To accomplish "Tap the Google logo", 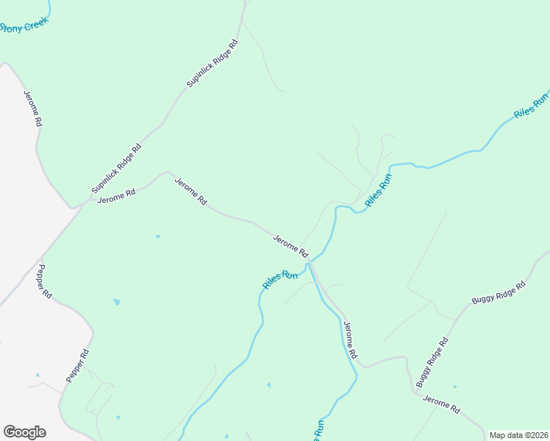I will coord(24,432).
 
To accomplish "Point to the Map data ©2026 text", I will coord(518,435).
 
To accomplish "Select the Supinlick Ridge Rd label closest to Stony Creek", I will coord(213,64).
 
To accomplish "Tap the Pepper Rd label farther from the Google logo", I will coord(45,281).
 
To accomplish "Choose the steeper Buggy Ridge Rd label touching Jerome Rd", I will coord(432,362).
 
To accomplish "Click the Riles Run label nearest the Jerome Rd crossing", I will coord(280,279).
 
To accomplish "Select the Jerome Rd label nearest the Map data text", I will coord(441,403).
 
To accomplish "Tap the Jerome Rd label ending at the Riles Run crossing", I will coord(290,245).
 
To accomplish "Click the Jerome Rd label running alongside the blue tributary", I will coord(351,340).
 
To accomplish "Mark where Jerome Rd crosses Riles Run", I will coord(311,261).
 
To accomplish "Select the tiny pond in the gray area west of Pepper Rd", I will coord(37,375).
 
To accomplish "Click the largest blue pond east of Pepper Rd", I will coord(116,301).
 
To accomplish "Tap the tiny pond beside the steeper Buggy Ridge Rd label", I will coord(454,387).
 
